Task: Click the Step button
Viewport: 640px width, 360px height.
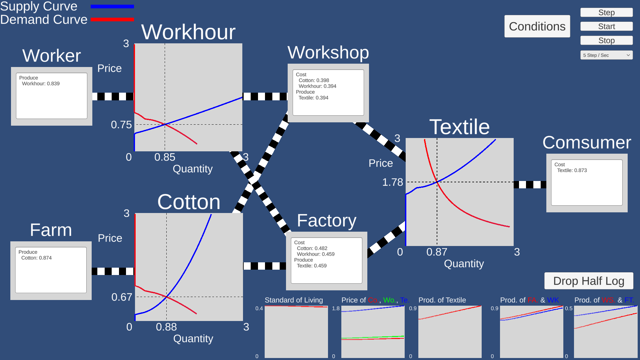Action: pos(606,13)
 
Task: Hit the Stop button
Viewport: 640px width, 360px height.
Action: pos(606,41)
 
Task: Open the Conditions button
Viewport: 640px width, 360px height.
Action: pos(537,26)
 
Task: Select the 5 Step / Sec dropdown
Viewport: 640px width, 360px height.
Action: pos(606,55)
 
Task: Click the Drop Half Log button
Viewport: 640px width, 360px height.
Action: pos(589,281)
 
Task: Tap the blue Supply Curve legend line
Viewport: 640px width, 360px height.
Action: pos(112,6)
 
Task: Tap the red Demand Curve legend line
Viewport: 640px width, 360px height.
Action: pos(112,20)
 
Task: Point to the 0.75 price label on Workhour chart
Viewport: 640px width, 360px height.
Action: pos(121,125)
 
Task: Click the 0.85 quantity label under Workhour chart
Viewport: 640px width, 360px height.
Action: pos(165,157)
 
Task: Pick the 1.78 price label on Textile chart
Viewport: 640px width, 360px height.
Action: pos(392,182)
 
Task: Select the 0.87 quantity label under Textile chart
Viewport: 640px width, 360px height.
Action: pos(437,252)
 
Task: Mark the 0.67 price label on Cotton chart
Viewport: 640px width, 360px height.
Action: pos(122,297)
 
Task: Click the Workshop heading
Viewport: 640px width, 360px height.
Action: pos(328,53)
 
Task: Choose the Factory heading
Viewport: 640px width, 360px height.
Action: pos(326,221)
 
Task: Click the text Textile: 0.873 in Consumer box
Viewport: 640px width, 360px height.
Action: pos(572,170)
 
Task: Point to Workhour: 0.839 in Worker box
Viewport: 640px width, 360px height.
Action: pos(41,84)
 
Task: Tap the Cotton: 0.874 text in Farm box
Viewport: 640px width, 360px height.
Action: pos(36,258)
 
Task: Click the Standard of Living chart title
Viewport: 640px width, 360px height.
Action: pos(294,300)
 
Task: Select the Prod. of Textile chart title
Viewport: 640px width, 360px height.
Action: pos(442,300)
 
